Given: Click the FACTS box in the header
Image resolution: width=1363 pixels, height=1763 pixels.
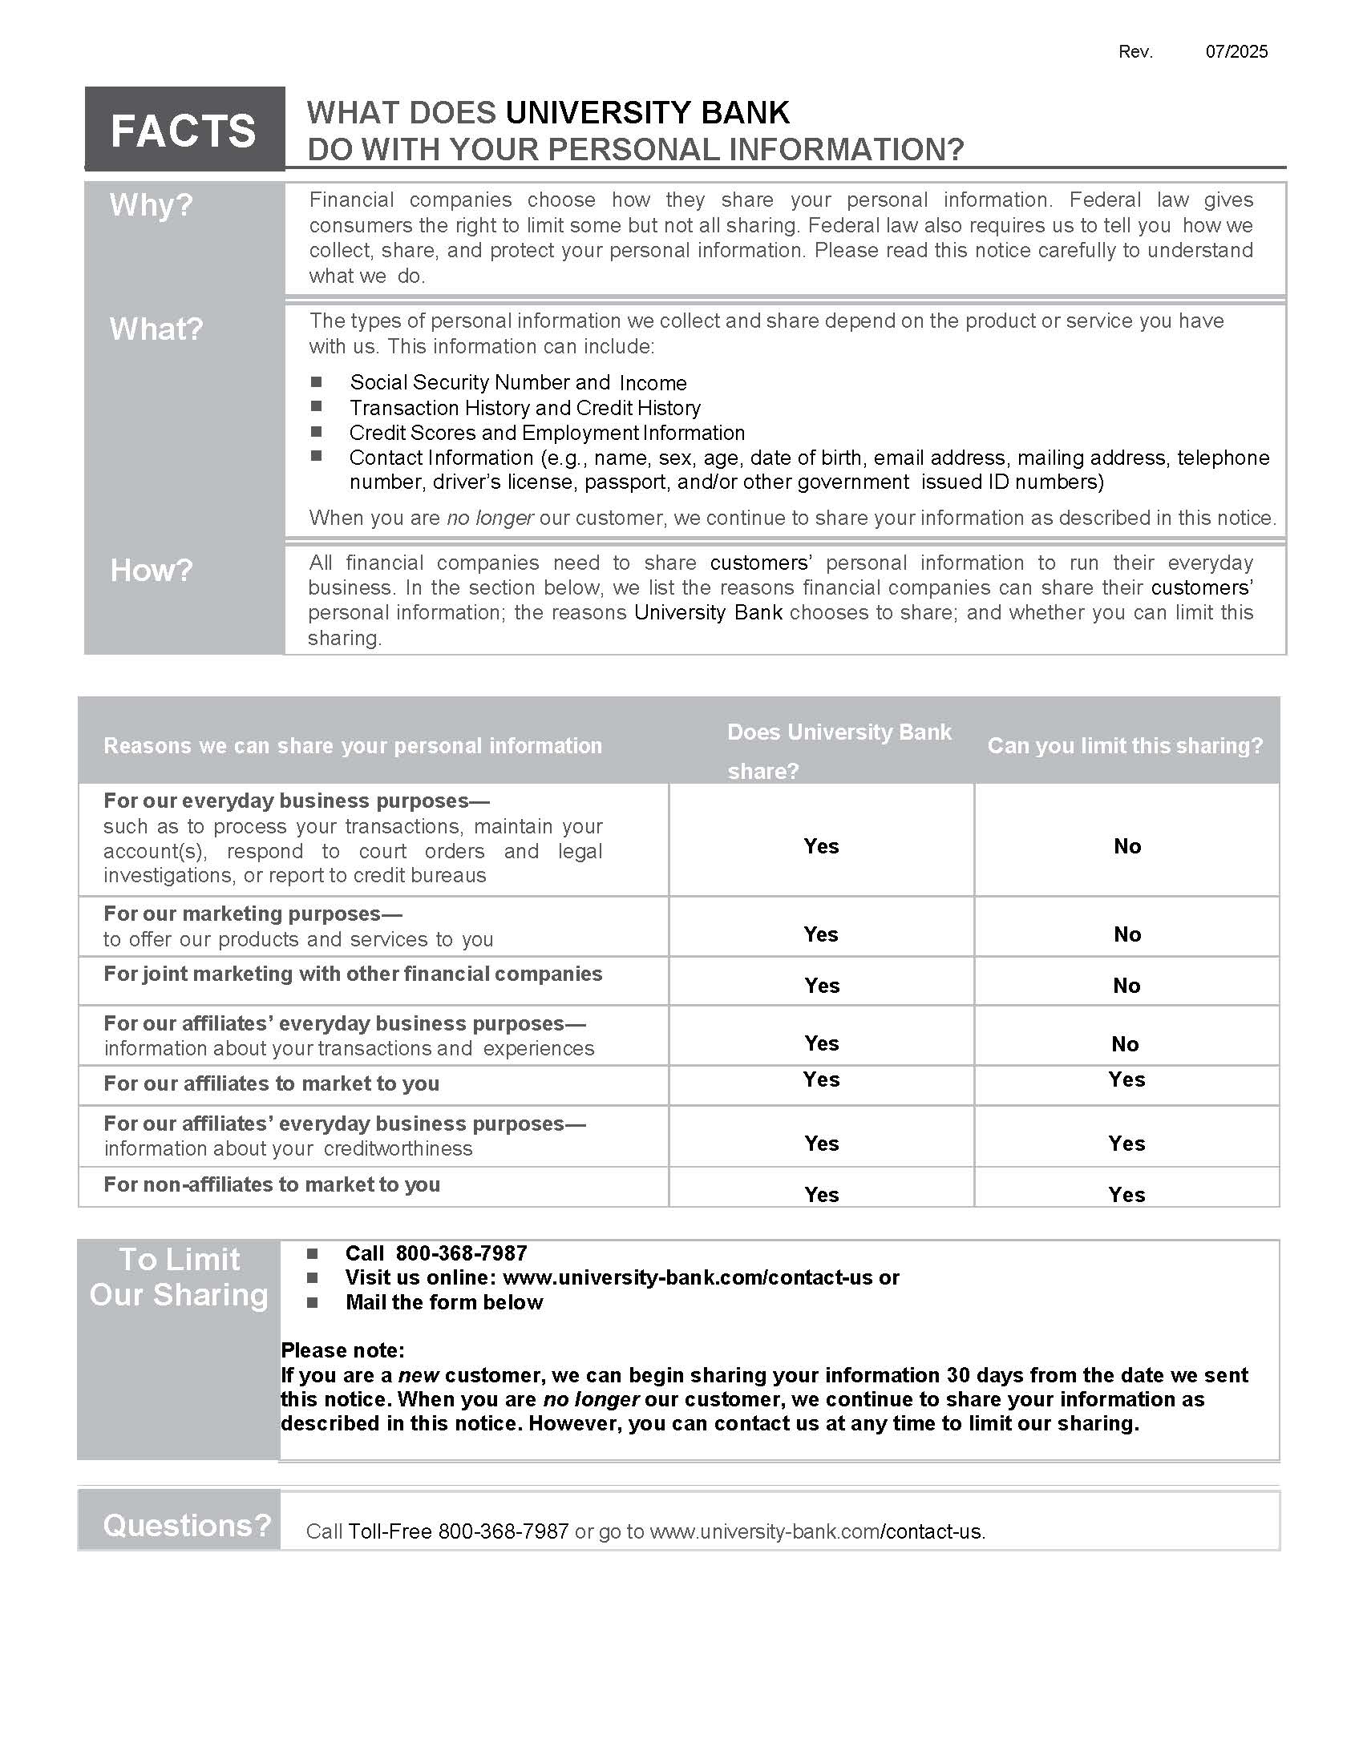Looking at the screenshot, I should tap(184, 130).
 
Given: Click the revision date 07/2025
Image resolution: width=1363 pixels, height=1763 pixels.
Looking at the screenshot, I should tap(1236, 51).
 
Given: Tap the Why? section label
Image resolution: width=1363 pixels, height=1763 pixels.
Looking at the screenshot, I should tap(151, 205).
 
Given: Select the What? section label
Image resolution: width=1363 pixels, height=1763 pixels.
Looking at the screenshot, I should tap(156, 329).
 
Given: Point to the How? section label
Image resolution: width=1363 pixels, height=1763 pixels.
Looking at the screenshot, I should tap(151, 570).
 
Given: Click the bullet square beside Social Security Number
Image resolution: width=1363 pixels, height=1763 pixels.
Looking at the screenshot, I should tap(317, 381).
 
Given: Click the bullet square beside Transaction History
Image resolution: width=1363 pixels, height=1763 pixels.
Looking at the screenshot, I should tap(317, 406).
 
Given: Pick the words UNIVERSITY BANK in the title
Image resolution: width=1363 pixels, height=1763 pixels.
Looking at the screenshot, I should tap(647, 113).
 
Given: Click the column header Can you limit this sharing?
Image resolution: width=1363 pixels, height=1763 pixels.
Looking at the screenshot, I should tap(1125, 745).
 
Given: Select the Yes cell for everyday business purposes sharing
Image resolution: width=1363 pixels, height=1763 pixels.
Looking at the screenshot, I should tap(821, 846).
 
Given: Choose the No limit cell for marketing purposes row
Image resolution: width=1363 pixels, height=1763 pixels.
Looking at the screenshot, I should tap(1127, 934).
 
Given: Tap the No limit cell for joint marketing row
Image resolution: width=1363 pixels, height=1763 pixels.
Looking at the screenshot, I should tap(1126, 985).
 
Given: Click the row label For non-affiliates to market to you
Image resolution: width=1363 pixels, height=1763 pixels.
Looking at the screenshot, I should tap(272, 1184).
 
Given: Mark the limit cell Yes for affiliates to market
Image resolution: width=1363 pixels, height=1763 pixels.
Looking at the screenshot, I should tap(1126, 1079).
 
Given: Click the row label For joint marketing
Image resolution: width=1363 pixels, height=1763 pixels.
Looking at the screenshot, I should tap(353, 974).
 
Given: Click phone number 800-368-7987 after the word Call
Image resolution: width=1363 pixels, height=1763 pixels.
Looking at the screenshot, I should tap(461, 1253).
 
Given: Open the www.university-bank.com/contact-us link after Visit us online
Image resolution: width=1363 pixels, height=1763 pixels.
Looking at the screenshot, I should tap(688, 1277).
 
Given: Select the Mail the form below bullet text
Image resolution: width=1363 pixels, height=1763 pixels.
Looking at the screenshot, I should tap(444, 1302).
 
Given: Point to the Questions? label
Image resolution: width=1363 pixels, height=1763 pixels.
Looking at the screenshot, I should tap(187, 1526).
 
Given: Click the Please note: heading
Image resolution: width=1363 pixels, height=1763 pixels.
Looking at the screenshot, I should tap(342, 1349).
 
